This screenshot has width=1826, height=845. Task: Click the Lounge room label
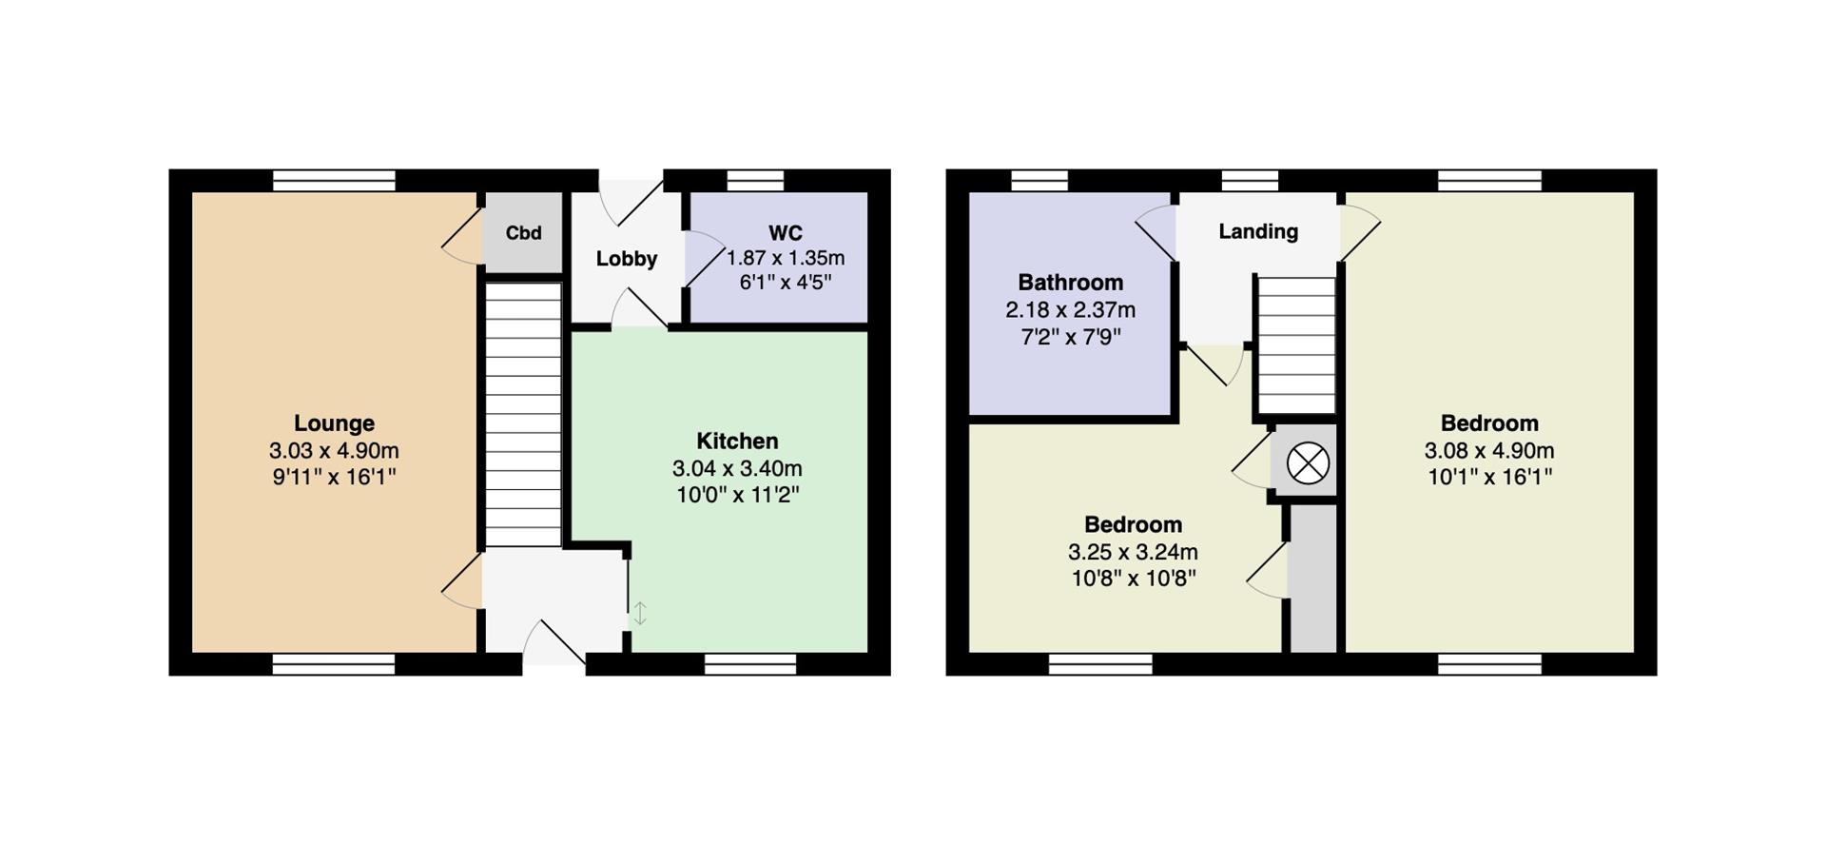334,423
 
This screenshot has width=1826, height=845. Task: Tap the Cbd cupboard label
523,233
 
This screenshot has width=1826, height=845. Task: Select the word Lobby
627,259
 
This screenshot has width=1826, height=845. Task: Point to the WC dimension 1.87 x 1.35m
786,258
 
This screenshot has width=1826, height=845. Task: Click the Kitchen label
737,442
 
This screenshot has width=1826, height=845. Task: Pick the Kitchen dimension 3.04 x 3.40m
737,468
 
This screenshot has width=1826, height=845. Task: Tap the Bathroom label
1070,283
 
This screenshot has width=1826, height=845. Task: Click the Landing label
1258,231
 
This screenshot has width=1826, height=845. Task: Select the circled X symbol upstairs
1308,464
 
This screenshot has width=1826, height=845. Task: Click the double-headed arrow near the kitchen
640,614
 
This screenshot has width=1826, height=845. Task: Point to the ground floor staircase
523,414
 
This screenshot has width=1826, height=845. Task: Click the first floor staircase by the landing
1295,344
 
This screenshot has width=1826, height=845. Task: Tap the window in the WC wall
755,181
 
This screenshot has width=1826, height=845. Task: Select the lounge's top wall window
334,181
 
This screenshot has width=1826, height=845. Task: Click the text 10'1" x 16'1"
1489,477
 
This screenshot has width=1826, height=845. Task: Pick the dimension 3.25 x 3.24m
1133,552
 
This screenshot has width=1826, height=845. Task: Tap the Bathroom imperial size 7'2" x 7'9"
1070,337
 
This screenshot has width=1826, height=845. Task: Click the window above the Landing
1250,181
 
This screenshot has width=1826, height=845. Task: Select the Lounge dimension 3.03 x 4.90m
334,450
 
